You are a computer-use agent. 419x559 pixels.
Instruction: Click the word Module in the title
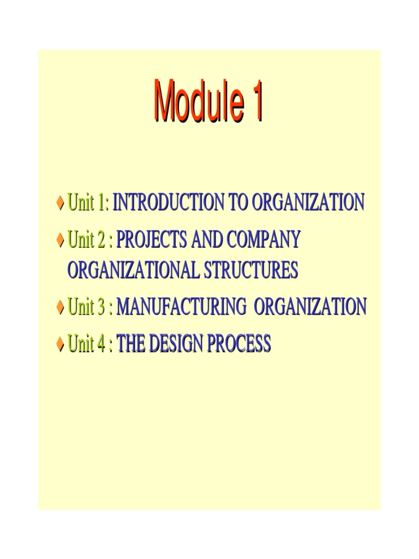195,102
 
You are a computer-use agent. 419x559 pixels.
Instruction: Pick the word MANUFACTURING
181,307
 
